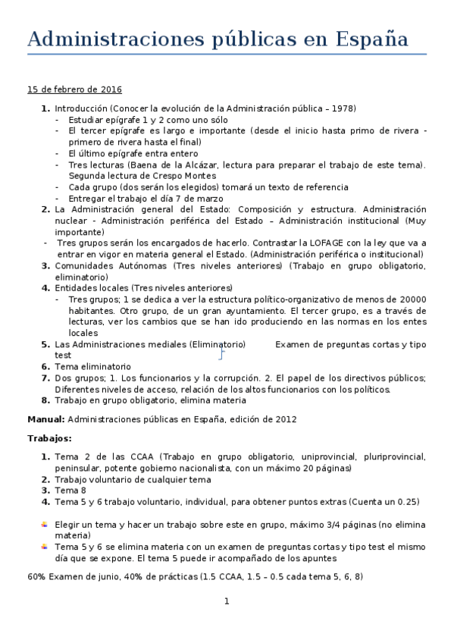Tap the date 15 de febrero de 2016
tap(75, 89)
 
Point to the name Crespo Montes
tap(184, 176)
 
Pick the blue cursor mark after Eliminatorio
tap(221, 353)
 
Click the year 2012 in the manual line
tap(284, 419)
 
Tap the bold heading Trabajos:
tap(50, 438)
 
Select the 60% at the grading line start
tap(36, 576)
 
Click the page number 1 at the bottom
tap(227, 602)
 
